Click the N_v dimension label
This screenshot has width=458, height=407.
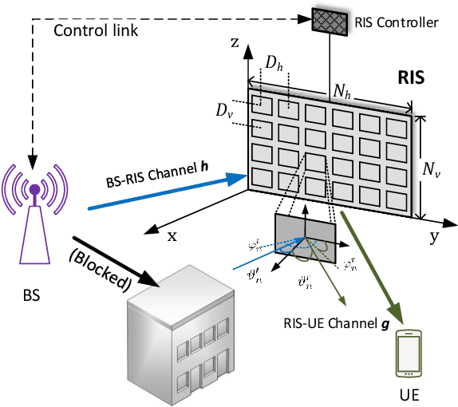click(434, 169)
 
